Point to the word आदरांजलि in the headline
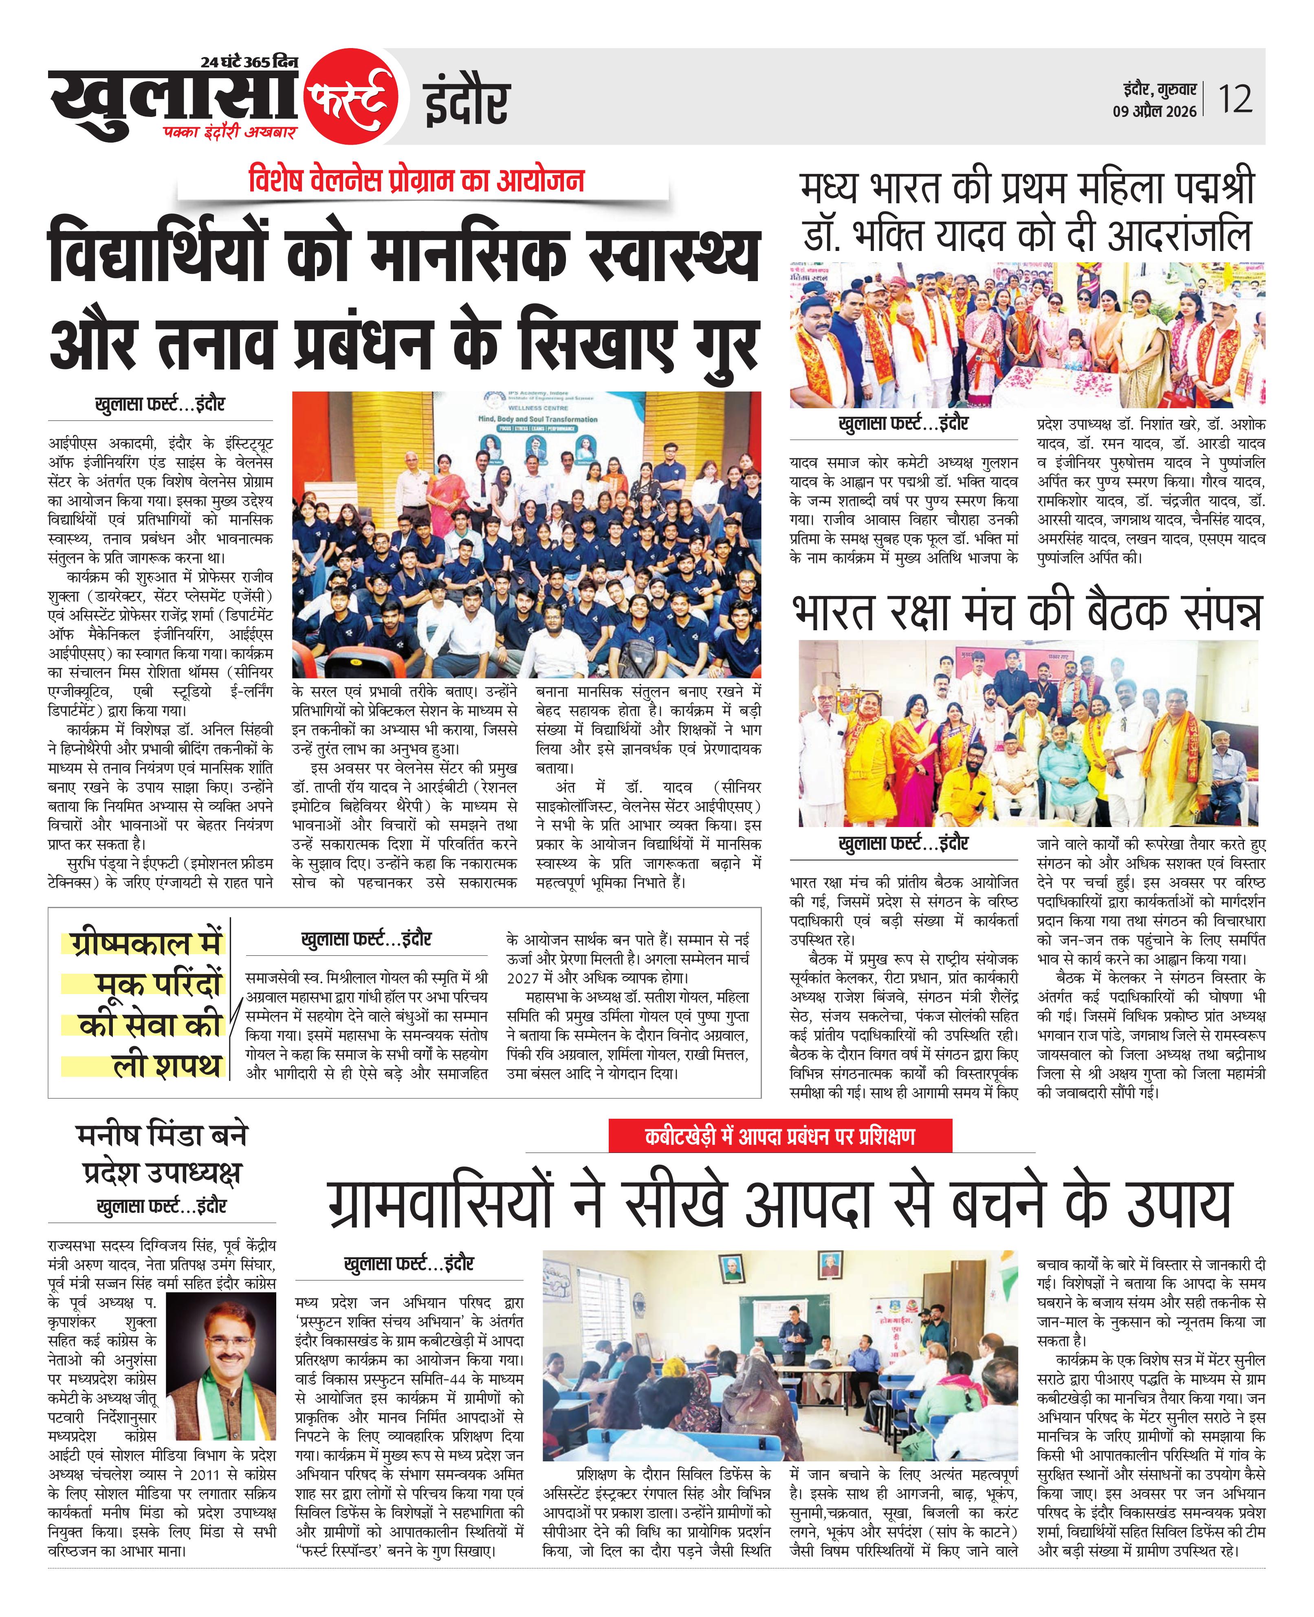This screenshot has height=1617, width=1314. [x=1178, y=236]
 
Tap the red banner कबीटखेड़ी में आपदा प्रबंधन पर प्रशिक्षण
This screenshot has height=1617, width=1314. [x=779, y=1137]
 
